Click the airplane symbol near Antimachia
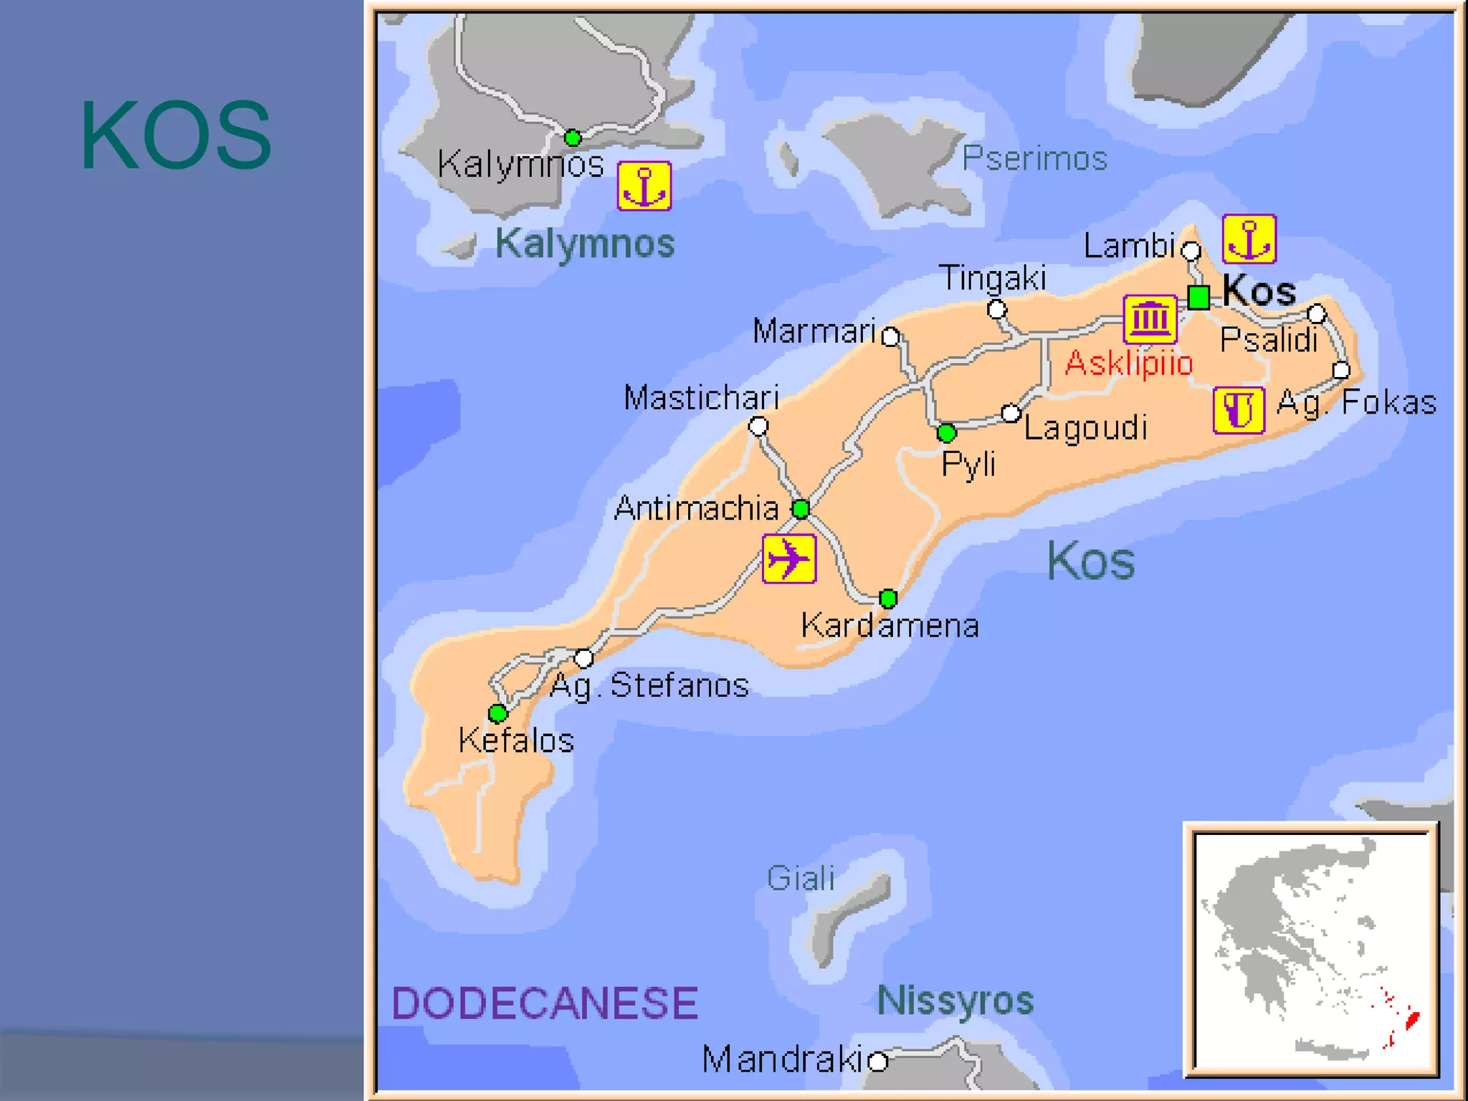point(788,558)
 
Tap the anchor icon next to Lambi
point(1249,239)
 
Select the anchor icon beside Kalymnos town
point(644,186)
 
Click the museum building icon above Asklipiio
point(1150,319)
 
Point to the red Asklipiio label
point(1128,363)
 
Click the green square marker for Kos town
point(1198,296)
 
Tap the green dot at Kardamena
point(888,598)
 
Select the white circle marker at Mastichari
point(758,426)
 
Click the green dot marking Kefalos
point(497,713)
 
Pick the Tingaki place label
point(993,278)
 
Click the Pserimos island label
point(1034,158)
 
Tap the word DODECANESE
point(544,1003)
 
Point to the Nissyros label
point(955,1000)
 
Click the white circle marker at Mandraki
point(878,1060)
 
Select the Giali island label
point(800,878)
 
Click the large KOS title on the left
point(176,135)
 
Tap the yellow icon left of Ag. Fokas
point(1238,410)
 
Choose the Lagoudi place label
point(1085,428)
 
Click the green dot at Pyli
point(946,432)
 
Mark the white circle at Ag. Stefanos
point(583,657)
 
